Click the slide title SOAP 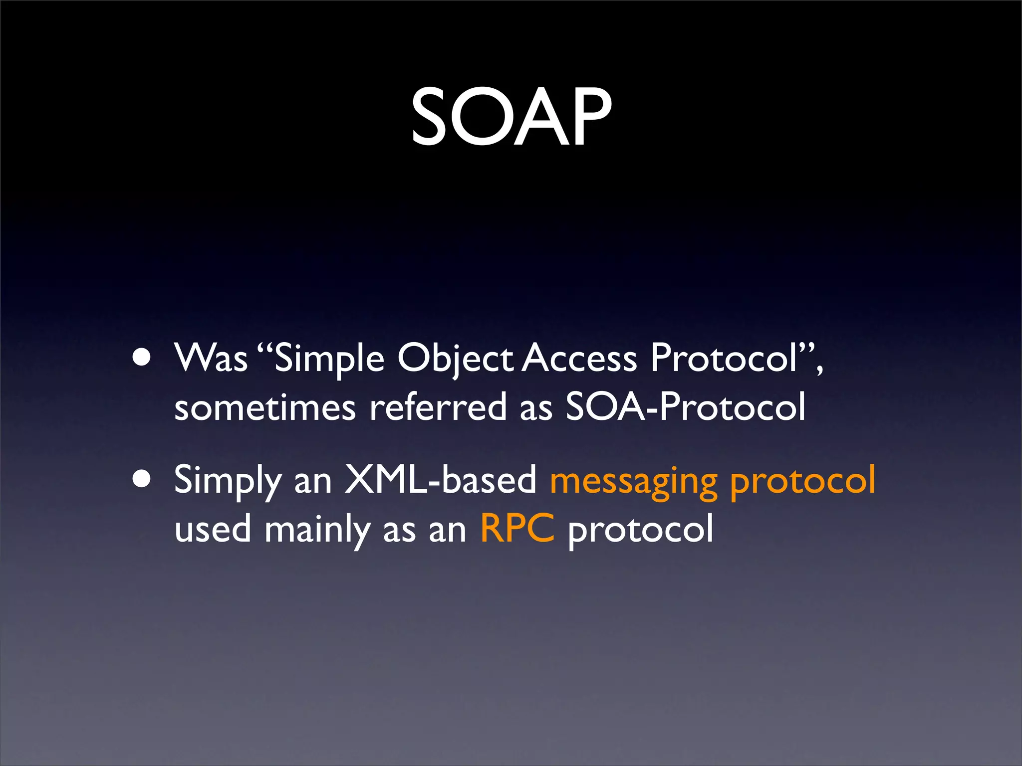(x=511, y=117)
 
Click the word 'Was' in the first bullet (x=211, y=358)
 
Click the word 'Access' (x=580, y=358)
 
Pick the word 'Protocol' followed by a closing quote (x=724, y=358)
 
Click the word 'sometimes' (x=265, y=407)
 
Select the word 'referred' (x=438, y=407)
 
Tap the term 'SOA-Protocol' (x=685, y=407)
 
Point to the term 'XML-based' (x=441, y=480)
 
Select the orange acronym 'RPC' (x=517, y=529)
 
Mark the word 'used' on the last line (x=213, y=529)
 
